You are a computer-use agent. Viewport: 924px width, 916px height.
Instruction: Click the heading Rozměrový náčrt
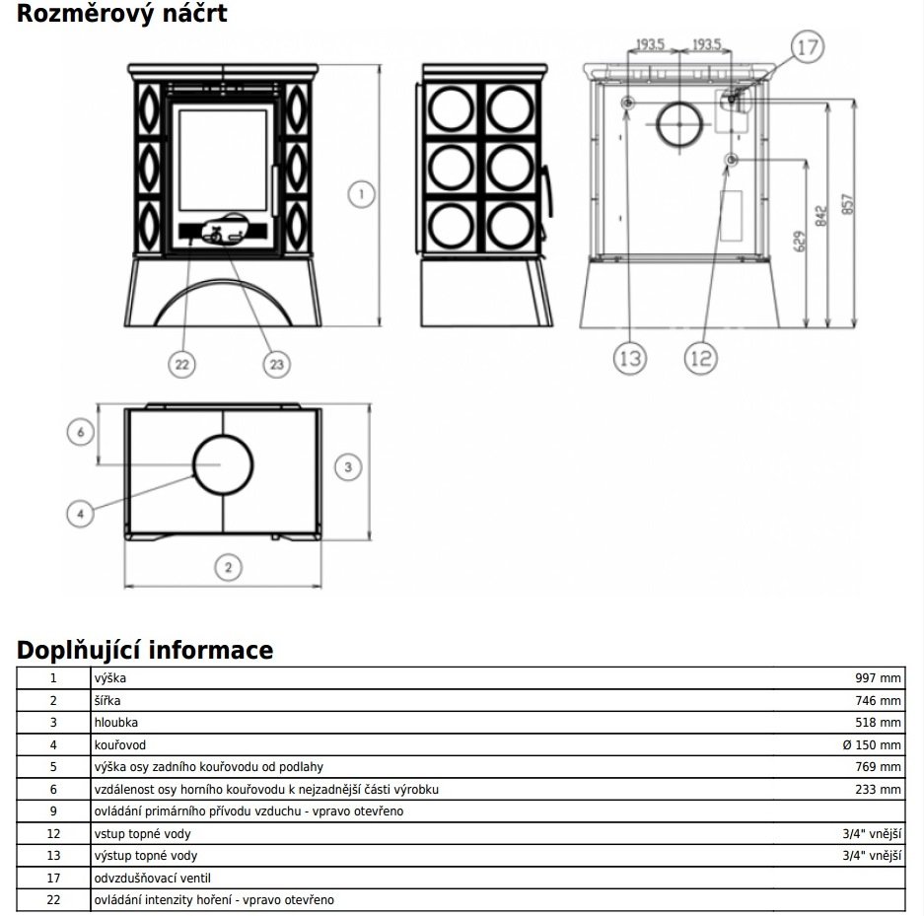pos(121,14)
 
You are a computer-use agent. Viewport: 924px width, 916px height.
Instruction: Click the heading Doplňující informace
pos(145,651)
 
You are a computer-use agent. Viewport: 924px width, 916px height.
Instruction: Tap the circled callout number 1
pos(362,195)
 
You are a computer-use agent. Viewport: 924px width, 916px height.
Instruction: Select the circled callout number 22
pos(181,364)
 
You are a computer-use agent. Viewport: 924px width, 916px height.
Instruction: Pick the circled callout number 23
pos(276,364)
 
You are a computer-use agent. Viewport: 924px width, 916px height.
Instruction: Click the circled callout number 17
pos(807,46)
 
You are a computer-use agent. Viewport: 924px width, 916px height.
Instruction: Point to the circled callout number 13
pos(629,359)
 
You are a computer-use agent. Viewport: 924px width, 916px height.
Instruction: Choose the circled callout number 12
pos(701,359)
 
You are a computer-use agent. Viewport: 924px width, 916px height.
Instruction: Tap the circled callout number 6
pos(83,432)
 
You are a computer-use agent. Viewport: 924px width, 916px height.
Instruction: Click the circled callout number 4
pos(83,513)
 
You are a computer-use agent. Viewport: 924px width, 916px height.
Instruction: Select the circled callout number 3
pos(347,467)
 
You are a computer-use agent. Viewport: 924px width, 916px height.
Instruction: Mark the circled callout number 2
pos(227,567)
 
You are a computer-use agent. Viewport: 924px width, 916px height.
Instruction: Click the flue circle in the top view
pos(222,464)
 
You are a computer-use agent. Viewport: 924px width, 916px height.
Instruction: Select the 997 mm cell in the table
pos(878,679)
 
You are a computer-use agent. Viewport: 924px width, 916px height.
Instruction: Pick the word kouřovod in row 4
pos(118,745)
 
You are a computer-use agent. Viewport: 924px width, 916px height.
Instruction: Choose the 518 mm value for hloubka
pos(878,723)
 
